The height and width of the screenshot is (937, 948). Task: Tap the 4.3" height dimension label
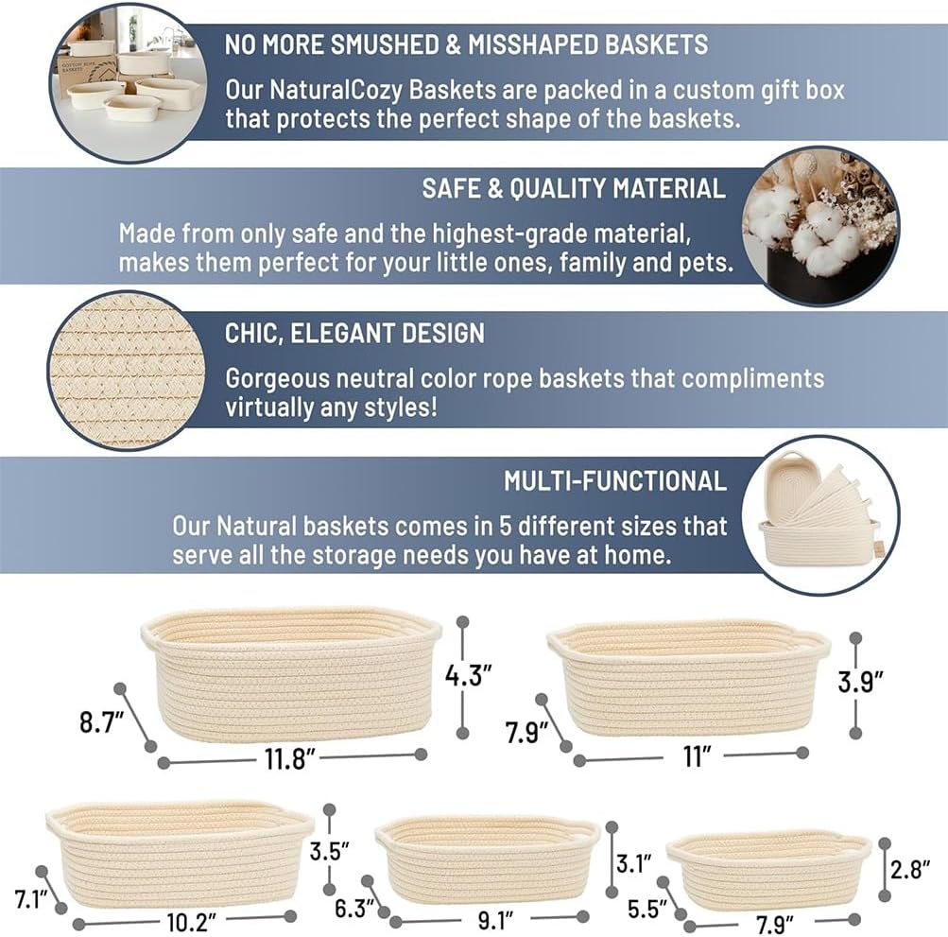click(x=469, y=675)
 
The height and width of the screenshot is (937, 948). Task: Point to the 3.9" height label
click(x=861, y=682)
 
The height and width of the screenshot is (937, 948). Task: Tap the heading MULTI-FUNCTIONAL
click(x=614, y=480)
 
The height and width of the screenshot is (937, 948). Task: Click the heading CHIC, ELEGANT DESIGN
click(x=354, y=333)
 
